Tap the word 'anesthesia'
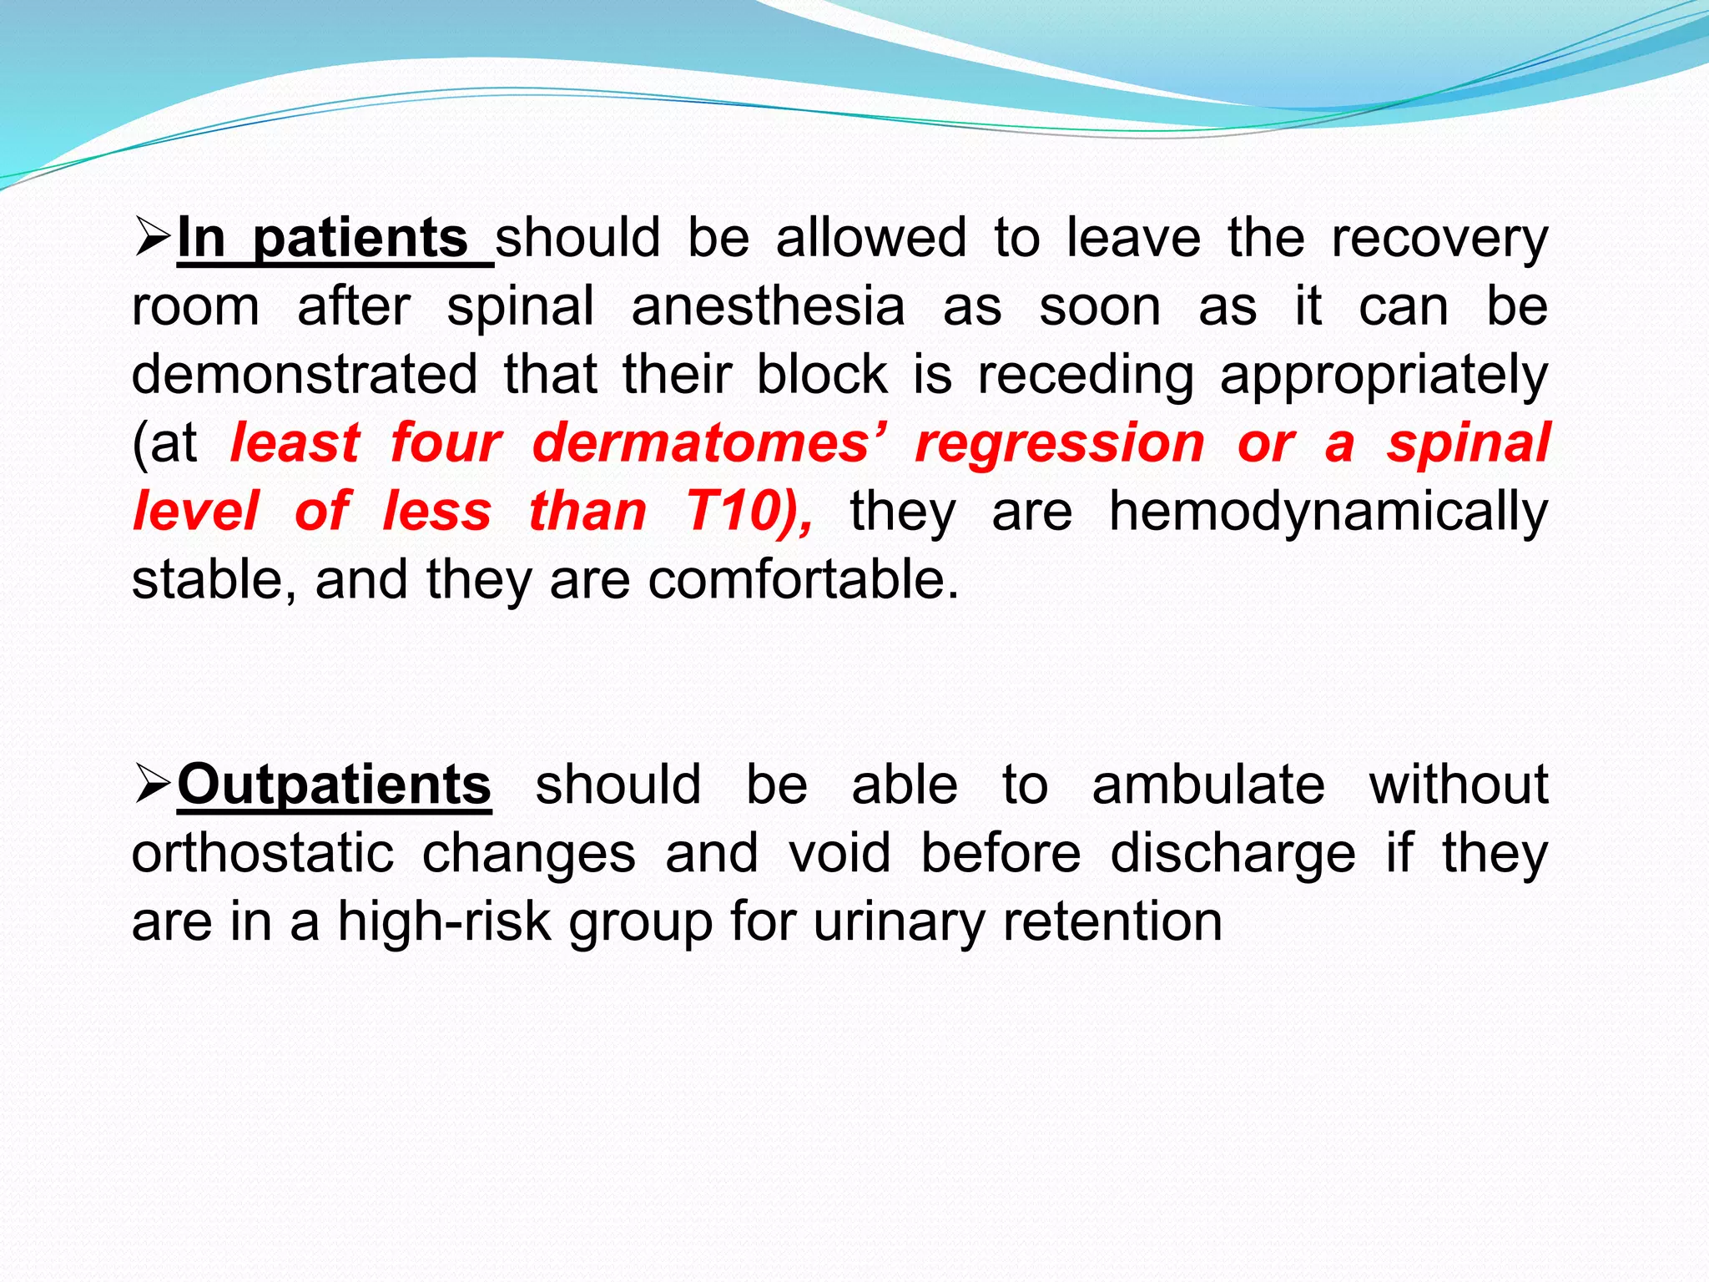click(768, 307)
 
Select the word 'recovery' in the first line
click(1439, 240)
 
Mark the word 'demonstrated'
click(305, 375)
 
